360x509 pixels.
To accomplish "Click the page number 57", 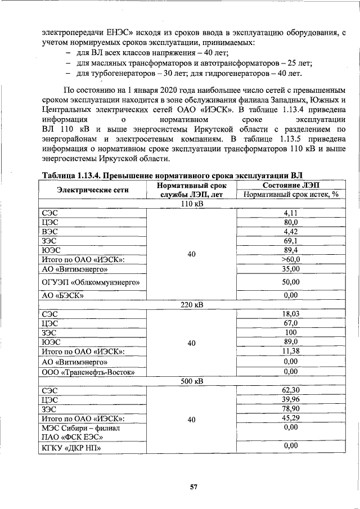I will (x=192, y=487).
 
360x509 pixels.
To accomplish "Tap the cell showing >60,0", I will (x=290, y=259).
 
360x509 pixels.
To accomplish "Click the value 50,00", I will (x=290, y=281).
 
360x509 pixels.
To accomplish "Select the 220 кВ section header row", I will (x=191, y=305).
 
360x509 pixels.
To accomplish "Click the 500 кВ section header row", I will (x=191, y=381).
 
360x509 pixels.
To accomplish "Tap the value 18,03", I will (x=290, y=314).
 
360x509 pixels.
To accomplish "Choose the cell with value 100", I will (x=290, y=332).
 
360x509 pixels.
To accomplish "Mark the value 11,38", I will (x=290, y=351).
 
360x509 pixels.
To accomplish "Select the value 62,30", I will (x=290, y=390).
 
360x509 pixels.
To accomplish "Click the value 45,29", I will (x=290, y=418).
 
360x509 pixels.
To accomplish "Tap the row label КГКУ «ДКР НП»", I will (x=67, y=448).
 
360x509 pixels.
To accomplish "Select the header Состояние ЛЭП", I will (x=290, y=185).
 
